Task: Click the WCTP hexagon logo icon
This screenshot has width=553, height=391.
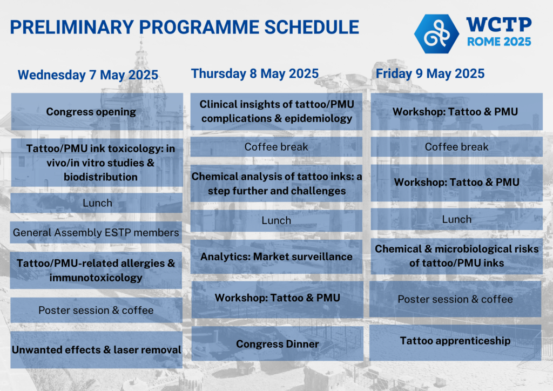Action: coord(436,33)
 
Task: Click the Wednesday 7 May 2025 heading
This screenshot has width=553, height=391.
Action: coord(87,75)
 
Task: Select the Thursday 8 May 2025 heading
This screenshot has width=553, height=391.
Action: coord(255,73)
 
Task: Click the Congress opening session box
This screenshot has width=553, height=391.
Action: coord(91,112)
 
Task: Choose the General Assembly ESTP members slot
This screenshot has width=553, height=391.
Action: coord(96,233)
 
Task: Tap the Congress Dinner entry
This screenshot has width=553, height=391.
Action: coord(277,344)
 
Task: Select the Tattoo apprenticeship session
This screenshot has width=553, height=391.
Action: coord(455,341)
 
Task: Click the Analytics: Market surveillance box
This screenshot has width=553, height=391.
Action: coord(276,257)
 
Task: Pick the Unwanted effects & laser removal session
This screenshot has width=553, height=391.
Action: coord(96,350)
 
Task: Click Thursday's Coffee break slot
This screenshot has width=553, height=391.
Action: coord(276,147)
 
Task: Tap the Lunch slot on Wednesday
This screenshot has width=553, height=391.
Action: coord(97,203)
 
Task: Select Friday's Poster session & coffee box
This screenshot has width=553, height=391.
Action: coord(455,299)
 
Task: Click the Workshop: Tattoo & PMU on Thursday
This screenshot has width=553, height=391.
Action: coord(277,298)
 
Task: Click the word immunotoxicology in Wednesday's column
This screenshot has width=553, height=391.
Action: coord(96,278)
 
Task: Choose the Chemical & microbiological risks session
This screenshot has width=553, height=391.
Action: coord(456,256)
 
